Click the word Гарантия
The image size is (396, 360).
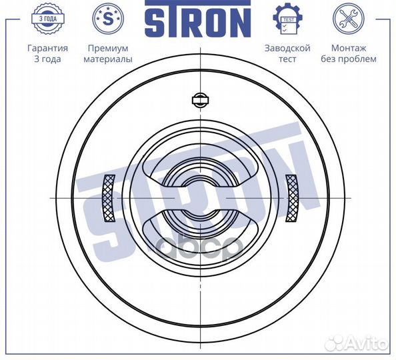47,49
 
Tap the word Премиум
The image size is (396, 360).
107,49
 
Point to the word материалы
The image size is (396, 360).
107,59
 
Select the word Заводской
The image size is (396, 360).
287,49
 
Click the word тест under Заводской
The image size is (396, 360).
287,59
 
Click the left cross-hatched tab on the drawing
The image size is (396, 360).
109,198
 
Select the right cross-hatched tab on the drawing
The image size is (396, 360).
292,198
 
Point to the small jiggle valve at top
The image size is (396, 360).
198,100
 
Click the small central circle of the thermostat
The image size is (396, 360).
198,198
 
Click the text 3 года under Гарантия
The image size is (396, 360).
47,59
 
